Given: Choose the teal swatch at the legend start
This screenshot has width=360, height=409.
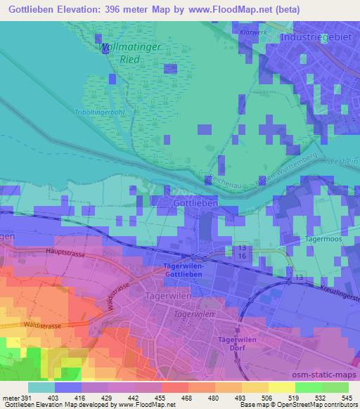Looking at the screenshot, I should tap(41, 387).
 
